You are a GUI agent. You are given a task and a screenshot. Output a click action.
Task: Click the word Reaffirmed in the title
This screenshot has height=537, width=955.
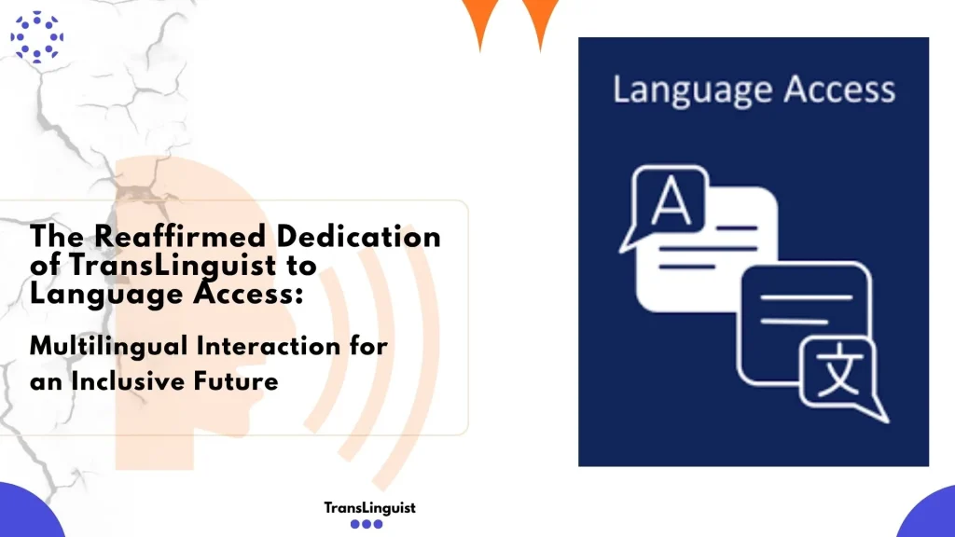180,236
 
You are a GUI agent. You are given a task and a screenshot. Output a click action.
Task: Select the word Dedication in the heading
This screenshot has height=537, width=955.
359,236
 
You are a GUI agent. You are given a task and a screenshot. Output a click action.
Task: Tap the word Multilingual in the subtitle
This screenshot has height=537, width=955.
108,347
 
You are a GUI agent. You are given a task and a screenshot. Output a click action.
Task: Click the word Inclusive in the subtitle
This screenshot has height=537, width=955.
129,381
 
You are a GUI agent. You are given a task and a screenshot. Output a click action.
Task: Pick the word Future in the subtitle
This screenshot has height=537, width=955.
236,381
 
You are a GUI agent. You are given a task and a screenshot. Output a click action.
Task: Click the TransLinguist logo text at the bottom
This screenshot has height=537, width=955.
369,508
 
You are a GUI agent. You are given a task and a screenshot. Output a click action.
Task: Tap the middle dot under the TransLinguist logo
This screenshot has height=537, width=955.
367,524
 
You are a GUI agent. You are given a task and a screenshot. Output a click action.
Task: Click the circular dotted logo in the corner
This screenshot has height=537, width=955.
37,36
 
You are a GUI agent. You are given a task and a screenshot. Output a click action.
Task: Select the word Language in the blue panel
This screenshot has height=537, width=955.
693,90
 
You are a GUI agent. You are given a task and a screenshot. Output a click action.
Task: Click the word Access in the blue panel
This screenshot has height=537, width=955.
839,89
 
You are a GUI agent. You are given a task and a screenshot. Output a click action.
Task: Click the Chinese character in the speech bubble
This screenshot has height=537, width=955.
838,370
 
